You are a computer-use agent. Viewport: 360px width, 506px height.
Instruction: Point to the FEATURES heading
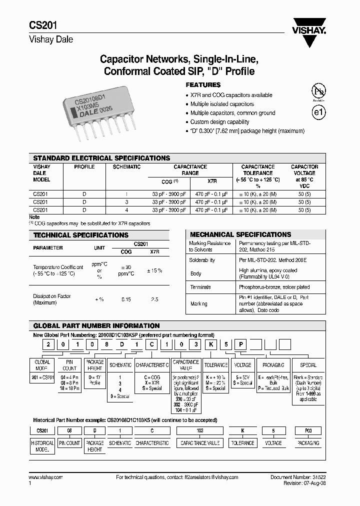point(203,85)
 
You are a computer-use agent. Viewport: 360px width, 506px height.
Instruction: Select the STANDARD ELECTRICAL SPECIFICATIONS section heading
point(101,158)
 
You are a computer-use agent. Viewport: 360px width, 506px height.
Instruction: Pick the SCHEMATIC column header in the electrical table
point(126,167)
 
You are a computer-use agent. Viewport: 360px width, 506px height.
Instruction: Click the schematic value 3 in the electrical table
point(126,201)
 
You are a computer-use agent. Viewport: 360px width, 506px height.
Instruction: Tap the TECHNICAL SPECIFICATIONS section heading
point(80,235)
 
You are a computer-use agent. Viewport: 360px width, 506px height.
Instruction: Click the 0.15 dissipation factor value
point(126,299)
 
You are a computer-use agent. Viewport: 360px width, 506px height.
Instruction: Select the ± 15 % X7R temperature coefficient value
point(154,270)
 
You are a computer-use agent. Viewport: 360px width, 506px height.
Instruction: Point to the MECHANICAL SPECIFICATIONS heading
point(240,234)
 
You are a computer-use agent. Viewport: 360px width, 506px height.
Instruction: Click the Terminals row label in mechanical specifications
point(200,287)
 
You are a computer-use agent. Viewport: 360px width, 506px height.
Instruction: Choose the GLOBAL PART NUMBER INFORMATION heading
point(96,326)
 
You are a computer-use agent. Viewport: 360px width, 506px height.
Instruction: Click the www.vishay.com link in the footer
point(46,478)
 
